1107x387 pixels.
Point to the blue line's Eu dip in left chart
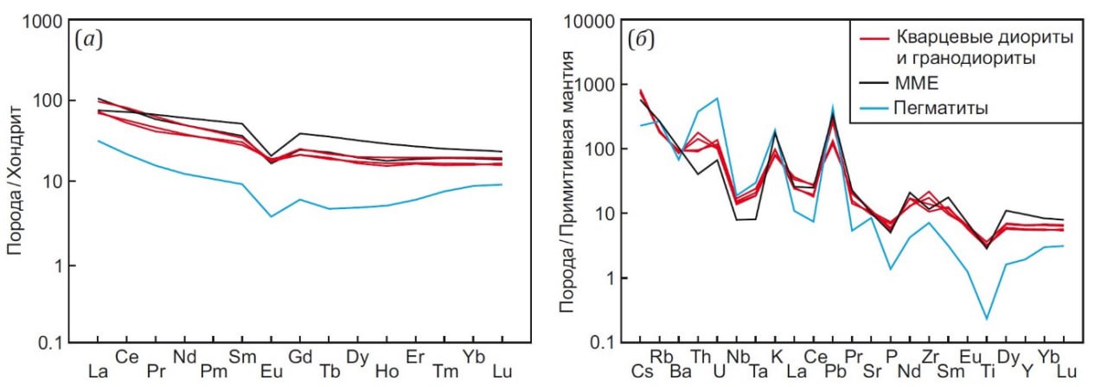point(272,216)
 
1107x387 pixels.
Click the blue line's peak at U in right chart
point(717,98)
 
